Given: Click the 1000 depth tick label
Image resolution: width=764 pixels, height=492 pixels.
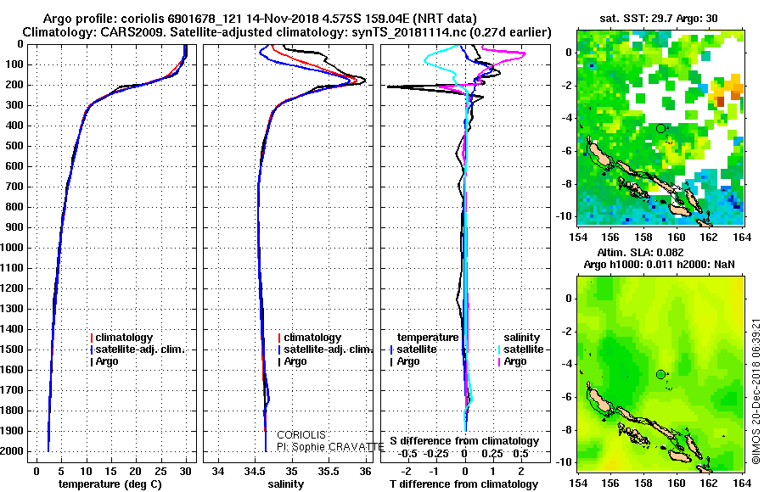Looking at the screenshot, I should (15, 248).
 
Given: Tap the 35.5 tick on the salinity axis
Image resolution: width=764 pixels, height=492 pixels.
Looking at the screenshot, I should (329, 471).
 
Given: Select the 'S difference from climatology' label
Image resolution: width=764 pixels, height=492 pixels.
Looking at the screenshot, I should (463, 441).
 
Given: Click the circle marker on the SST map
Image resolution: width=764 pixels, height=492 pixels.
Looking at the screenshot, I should (660, 128).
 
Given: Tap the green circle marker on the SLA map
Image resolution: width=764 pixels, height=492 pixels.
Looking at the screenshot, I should (660, 374).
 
